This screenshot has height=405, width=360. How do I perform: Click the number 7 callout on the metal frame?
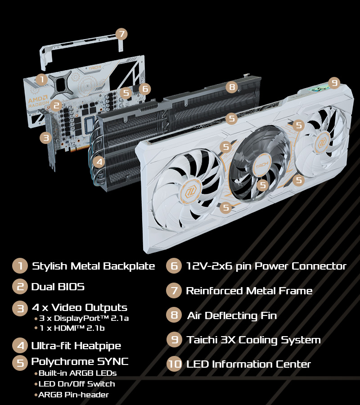[121, 34]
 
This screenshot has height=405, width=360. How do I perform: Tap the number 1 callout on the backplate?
[41, 80]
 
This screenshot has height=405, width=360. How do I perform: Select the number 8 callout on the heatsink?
[232, 87]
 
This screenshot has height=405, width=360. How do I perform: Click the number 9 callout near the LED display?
[333, 83]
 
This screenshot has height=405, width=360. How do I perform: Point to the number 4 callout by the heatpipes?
[99, 162]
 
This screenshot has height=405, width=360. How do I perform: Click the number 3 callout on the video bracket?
[45, 138]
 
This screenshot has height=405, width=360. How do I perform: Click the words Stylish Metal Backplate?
[93, 266]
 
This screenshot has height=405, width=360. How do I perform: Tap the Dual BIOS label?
[58, 287]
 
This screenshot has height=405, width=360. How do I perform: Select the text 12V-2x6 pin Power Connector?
[266, 266]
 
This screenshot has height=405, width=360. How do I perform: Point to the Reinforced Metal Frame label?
[249, 291]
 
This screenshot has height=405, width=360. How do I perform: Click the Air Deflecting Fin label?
[232, 315]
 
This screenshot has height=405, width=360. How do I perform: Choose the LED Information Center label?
[248, 364]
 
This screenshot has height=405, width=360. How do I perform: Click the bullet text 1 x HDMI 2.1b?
[72, 328]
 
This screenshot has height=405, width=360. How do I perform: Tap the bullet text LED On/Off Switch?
[76, 384]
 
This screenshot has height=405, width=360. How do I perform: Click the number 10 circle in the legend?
[174, 364]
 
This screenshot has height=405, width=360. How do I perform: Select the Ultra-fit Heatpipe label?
[76, 346]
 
